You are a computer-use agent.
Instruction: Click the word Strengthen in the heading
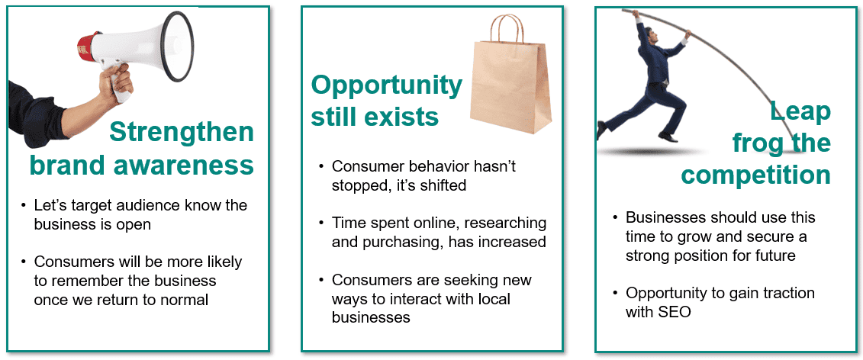[x=182, y=132]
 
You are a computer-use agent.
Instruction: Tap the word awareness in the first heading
[x=185, y=166]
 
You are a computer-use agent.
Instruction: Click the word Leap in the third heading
[x=800, y=112]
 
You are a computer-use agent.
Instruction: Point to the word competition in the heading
[x=755, y=175]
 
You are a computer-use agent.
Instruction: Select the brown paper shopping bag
[x=510, y=74]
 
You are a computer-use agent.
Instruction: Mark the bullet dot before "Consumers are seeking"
[x=321, y=281]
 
